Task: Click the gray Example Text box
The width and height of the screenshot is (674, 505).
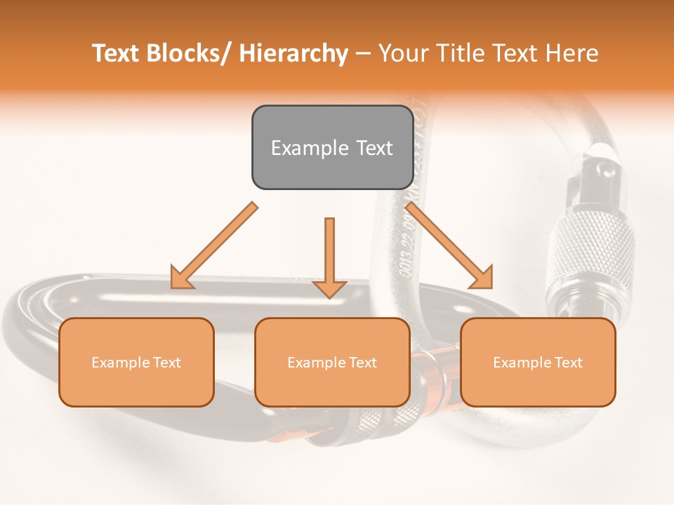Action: point(332,147)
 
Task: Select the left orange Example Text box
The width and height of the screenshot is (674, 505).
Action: point(136,362)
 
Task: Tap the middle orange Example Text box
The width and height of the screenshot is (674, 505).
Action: point(332,362)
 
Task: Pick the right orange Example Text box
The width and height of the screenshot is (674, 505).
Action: point(538,362)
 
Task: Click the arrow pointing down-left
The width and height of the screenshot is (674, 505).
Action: point(214,246)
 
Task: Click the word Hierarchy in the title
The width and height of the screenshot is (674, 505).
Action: point(293,53)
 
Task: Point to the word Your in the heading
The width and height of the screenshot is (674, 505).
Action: point(404,53)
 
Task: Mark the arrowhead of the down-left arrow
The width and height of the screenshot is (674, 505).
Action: point(181,277)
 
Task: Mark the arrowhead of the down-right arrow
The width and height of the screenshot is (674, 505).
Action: point(482,277)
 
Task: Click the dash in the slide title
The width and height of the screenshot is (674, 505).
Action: point(363,54)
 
